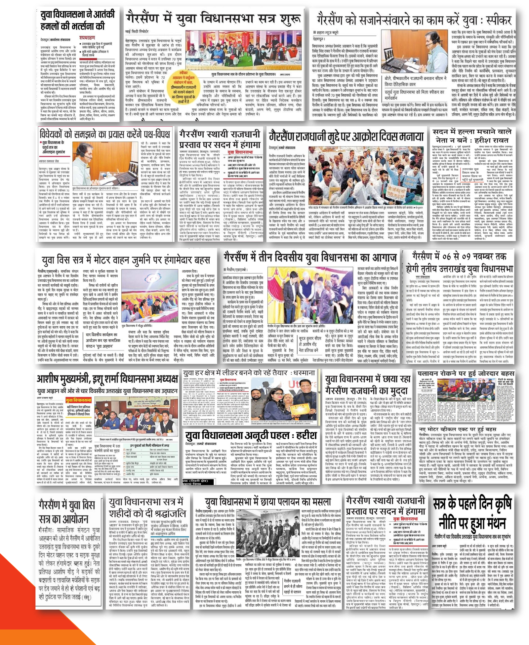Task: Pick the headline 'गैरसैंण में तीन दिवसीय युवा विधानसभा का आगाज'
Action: point(310,257)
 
